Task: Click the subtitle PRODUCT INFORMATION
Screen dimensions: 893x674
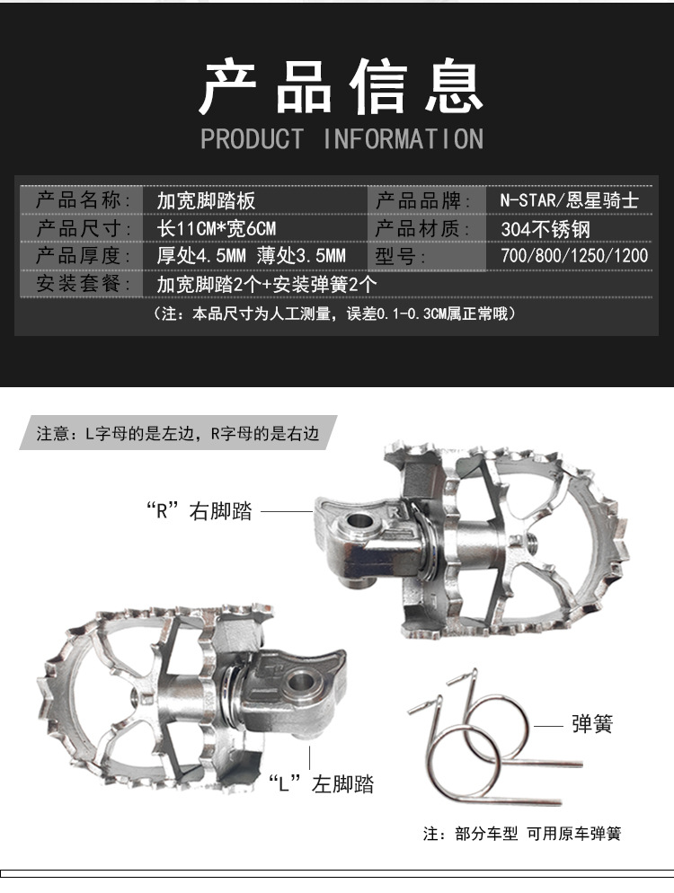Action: click(341, 139)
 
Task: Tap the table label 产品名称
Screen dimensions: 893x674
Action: click(82, 199)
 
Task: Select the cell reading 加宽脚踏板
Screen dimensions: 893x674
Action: click(206, 199)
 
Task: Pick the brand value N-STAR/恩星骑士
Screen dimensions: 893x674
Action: click(569, 199)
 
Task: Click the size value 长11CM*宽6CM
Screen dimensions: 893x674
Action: click(217, 228)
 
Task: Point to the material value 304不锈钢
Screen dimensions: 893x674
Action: click(545, 228)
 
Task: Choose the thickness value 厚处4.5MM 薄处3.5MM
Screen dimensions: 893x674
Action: click(251, 257)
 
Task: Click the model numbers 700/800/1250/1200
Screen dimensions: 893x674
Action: click(573, 257)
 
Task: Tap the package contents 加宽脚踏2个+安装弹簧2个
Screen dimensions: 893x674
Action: click(266, 285)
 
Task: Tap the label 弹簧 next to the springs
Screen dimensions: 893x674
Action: click(592, 724)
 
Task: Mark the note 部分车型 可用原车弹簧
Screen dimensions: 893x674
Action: click(522, 834)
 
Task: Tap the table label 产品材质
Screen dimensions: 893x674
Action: click(421, 228)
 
